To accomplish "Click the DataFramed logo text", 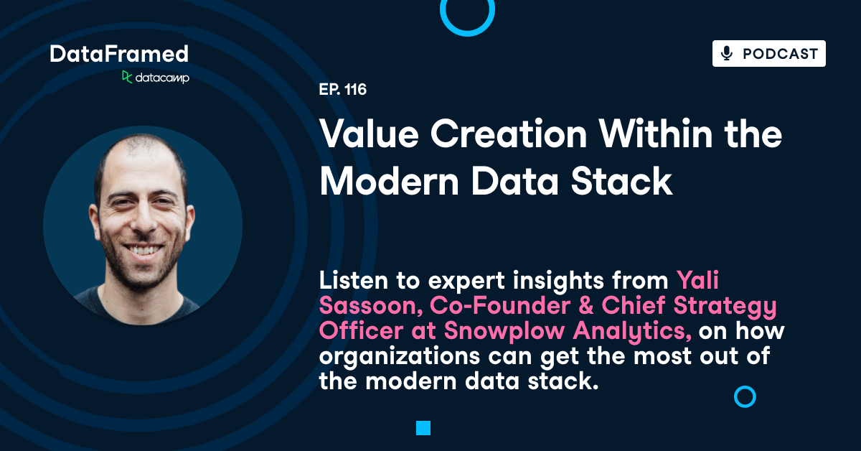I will (119, 54).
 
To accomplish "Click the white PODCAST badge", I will (768, 54).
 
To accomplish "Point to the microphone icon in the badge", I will (727, 54).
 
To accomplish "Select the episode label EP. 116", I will (343, 90).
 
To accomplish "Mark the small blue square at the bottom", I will (423, 429).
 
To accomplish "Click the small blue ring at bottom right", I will (745, 396).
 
